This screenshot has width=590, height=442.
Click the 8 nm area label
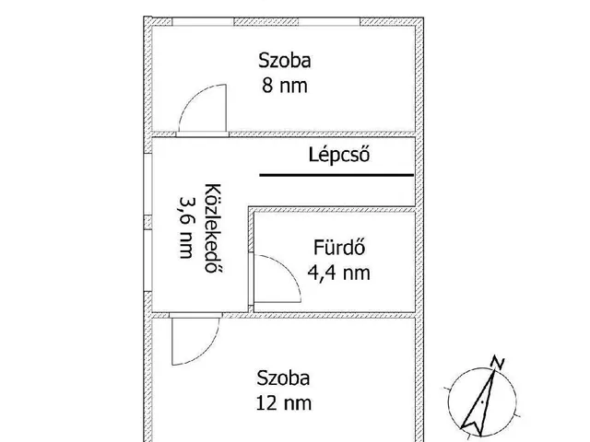coord(285,86)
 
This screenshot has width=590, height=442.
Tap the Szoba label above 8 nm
coord(285,61)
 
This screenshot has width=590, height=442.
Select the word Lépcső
coord(339,155)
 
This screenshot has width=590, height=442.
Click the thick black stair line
coord(336,175)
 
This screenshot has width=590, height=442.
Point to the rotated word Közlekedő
coord(213,228)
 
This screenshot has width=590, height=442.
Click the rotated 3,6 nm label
coord(187,227)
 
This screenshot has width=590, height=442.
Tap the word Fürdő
coord(339,248)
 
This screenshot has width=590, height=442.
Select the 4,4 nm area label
coord(338,273)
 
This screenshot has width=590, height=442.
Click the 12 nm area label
coord(284,403)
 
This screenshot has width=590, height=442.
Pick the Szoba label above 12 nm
coord(283,378)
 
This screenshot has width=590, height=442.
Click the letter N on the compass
coord(498,362)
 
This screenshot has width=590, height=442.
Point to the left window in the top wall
coord(203,21)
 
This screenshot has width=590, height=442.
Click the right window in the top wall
coord(329,21)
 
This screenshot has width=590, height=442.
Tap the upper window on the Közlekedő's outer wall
coord(147,184)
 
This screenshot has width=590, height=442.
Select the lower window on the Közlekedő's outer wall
coord(147,260)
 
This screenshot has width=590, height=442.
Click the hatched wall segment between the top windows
coord(266,21)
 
